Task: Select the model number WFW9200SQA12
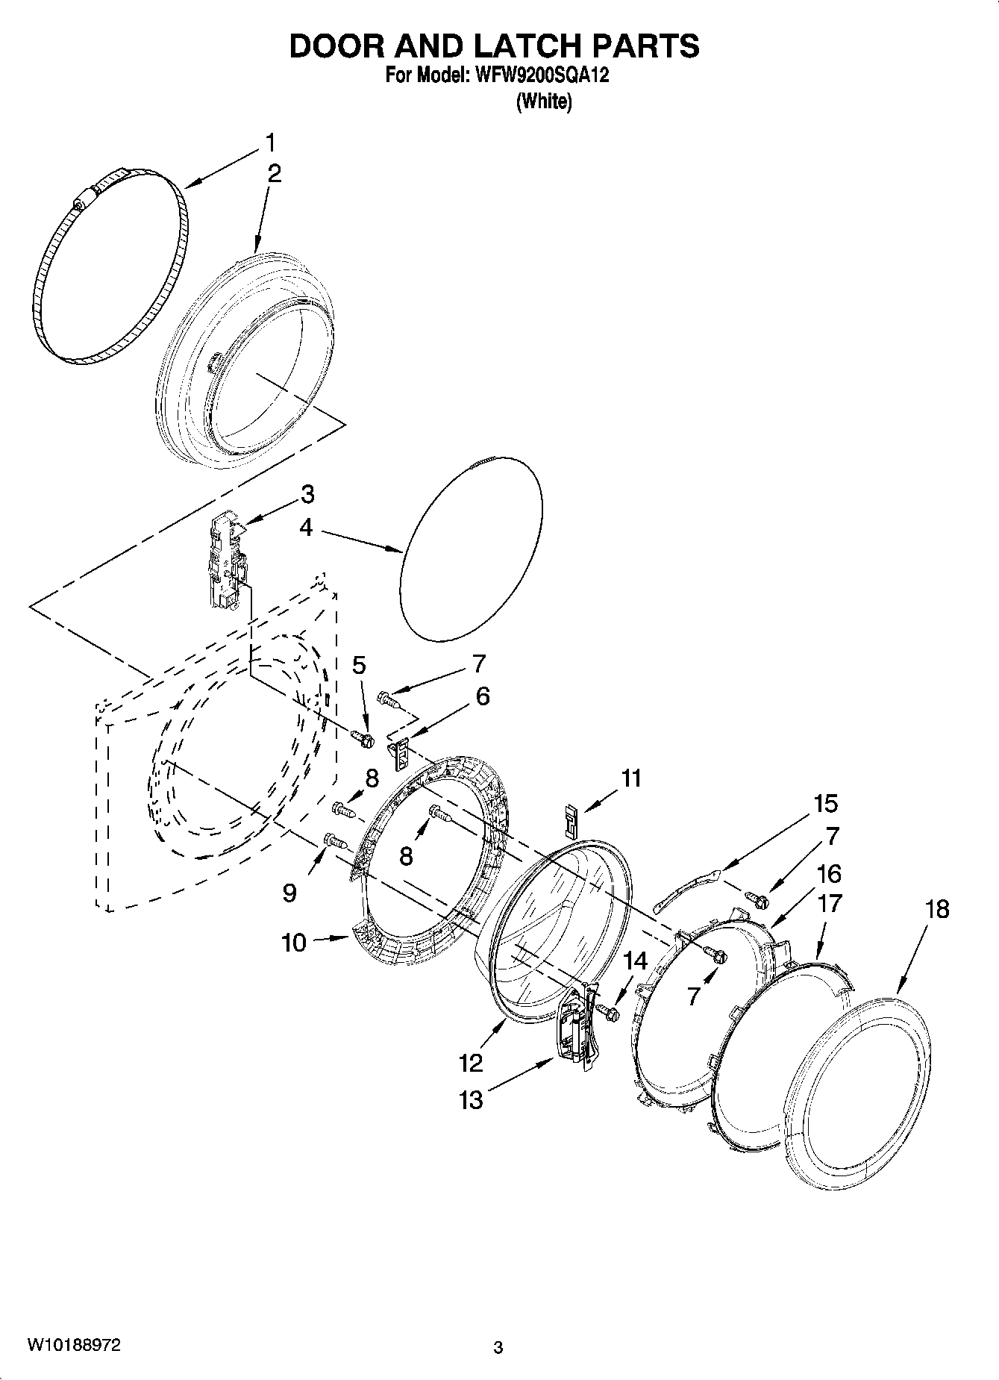click(533, 75)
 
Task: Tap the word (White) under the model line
click(544, 102)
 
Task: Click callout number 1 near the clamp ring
click(271, 142)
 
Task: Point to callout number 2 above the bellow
click(275, 174)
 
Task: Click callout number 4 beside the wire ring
click(306, 528)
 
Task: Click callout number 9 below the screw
click(289, 893)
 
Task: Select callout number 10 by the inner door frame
click(295, 943)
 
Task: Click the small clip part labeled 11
click(571, 821)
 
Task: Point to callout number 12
click(472, 1062)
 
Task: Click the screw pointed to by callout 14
click(610, 1012)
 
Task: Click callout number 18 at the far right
click(938, 909)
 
